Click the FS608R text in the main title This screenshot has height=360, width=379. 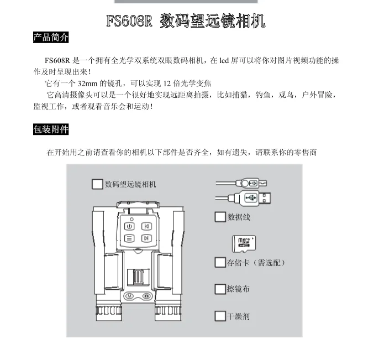tap(129, 22)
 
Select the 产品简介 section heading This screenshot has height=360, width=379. tap(51, 38)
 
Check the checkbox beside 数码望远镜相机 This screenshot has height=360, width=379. tap(97, 184)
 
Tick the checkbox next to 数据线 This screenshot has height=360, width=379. tap(220, 217)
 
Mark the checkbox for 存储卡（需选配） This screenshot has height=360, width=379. tap(220, 262)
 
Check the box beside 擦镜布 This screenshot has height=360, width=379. tap(220, 289)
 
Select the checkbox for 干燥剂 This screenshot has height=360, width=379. tap(220, 316)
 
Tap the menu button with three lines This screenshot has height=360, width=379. tap(129, 238)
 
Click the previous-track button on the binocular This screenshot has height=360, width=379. tap(146, 226)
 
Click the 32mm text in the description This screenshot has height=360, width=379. tap(88, 84)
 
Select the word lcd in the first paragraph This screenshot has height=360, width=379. tap(223, 60)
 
